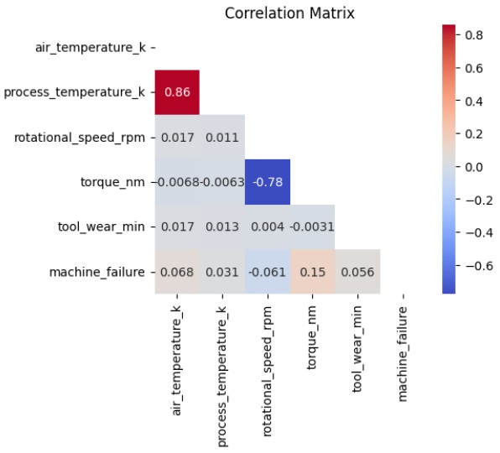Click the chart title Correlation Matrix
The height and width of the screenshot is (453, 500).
pyautogui.click(x=289, y=13)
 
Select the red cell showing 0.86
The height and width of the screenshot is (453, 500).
pyautogui.click(x=177, y=92)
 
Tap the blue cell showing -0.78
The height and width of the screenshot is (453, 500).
pyautogui.click(x=268, y=182)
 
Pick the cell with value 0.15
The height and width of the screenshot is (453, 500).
pyautogui.click(x=312, y=272)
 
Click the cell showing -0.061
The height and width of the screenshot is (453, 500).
pyautogui.click(x=268, y=272)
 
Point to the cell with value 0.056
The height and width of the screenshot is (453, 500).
pyautogui.click(x=357, y=272)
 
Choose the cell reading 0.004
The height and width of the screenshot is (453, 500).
pyautogui.click(x=268, y=227)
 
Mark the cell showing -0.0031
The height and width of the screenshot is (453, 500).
pyautogui.click(x=312, y=227)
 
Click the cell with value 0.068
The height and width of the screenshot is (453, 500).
pyautogui.click(x=177, y=272)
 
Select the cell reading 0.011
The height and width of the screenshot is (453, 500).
pyautogui.click(x=222, y=138)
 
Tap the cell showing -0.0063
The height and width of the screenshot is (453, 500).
pyautogui.click(x=222, y=182)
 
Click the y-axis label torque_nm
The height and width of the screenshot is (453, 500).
pyautogui.click(x=112, y=182)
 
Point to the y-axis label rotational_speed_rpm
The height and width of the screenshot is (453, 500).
pyautogui.click(x=80, y=138)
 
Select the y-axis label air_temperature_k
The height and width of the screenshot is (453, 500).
pyautogui.click(x=91, y=48)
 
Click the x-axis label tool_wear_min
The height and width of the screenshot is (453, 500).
pyautogui.click(x=357, y=349)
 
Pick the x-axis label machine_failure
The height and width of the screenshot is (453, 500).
pyautogui.click(x=403, y=354)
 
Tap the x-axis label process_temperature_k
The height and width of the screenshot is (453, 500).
pyautogui.click(x=221, y=377)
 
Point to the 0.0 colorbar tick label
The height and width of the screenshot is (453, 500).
pyautogui.click(x=474, y=167)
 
